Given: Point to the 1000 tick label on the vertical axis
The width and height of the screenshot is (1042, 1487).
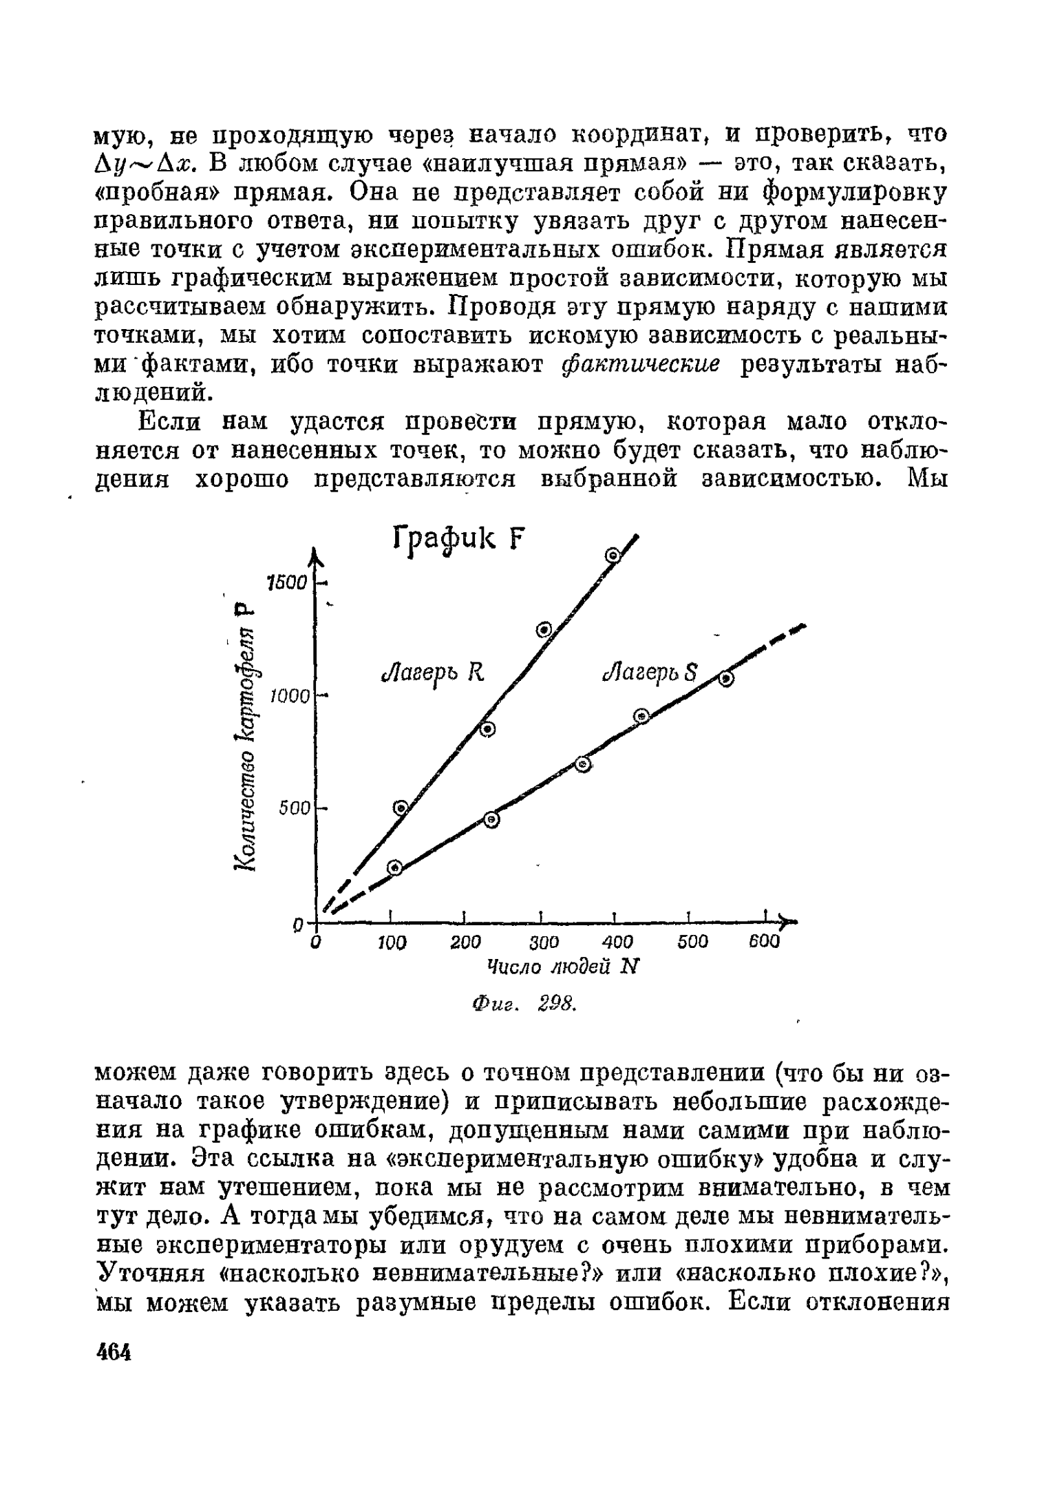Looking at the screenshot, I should point(290,696).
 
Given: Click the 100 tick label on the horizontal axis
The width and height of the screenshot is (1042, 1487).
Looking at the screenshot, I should point(392,942).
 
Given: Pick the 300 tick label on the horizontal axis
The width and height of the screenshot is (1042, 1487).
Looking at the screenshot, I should point(544,942).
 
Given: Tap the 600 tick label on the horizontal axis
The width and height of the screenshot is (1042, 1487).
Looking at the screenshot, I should point(764,942).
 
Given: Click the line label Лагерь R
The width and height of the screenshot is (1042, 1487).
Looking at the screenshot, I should point(434,673).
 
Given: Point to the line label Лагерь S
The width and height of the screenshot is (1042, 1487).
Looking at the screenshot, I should point(650,673).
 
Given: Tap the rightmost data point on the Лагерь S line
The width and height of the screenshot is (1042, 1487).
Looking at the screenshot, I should point(726,679).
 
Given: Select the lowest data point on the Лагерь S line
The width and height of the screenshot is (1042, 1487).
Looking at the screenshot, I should point(394,867).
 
